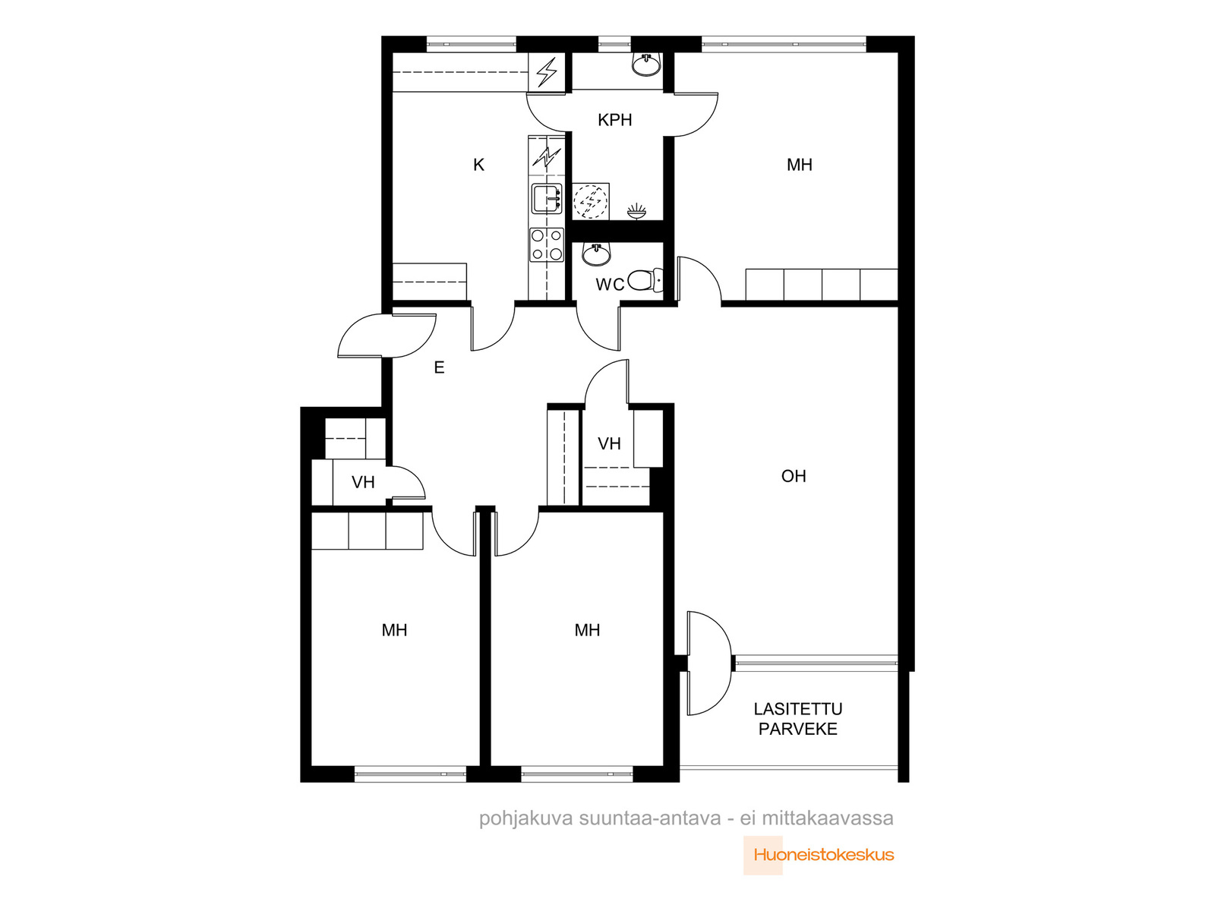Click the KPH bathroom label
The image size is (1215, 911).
point(614,120)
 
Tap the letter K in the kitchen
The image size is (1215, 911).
point(479,165)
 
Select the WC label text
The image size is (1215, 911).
point(610,284)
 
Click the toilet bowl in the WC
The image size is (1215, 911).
point(645,280)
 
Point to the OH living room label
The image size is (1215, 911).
point(794,476)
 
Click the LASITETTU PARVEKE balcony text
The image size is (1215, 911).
point(797,719)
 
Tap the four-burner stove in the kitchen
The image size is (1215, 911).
point(546,244)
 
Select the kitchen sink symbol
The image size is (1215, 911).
point(547,199)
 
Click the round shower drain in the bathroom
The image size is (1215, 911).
point(590,200)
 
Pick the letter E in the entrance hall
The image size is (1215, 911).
point(439,367)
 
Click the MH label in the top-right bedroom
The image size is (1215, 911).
point(800,165)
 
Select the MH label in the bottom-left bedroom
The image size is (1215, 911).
point(394,630)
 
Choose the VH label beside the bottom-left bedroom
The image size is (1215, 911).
point(363,482)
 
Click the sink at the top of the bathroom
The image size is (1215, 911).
point(646,65)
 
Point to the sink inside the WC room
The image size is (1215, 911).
point(596,254)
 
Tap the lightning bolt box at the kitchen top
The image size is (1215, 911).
point(547,72)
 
